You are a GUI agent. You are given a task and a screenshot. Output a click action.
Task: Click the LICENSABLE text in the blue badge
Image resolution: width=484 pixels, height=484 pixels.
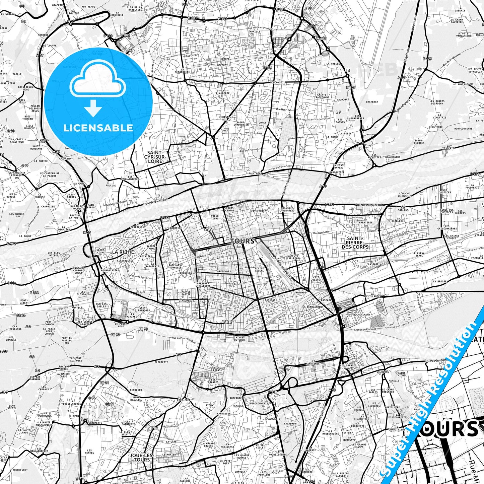click(98, 128)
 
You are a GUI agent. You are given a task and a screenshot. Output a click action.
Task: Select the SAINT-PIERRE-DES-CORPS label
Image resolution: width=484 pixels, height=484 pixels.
click(355, 243)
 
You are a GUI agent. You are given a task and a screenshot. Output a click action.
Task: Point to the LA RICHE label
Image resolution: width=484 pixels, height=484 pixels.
click(123, 252)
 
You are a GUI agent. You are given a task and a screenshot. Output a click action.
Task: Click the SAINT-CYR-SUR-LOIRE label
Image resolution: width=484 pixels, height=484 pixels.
click(155, 157)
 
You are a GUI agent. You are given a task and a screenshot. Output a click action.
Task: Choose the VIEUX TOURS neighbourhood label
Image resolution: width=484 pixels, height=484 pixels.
click(215, 217)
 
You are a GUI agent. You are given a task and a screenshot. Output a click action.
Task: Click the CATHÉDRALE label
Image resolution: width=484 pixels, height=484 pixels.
click(259, 211)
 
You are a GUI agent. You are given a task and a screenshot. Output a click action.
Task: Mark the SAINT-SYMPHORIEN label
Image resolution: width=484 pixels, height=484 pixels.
click(243, 124)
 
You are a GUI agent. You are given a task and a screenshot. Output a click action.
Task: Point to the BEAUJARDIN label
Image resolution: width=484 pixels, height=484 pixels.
click(314, 306)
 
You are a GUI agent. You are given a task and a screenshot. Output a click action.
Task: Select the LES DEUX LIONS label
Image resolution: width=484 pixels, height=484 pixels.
click(216, 369)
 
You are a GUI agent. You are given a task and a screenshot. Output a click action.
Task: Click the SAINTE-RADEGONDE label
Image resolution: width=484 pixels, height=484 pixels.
click(322, 96)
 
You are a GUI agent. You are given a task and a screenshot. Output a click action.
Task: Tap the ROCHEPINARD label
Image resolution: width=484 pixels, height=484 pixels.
click(362, 315)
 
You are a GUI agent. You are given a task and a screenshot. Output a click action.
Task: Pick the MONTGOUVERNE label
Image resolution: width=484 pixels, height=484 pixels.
click(463, 129)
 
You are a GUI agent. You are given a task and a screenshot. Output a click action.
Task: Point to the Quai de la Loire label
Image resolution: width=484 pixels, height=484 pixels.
click(366, 204)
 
